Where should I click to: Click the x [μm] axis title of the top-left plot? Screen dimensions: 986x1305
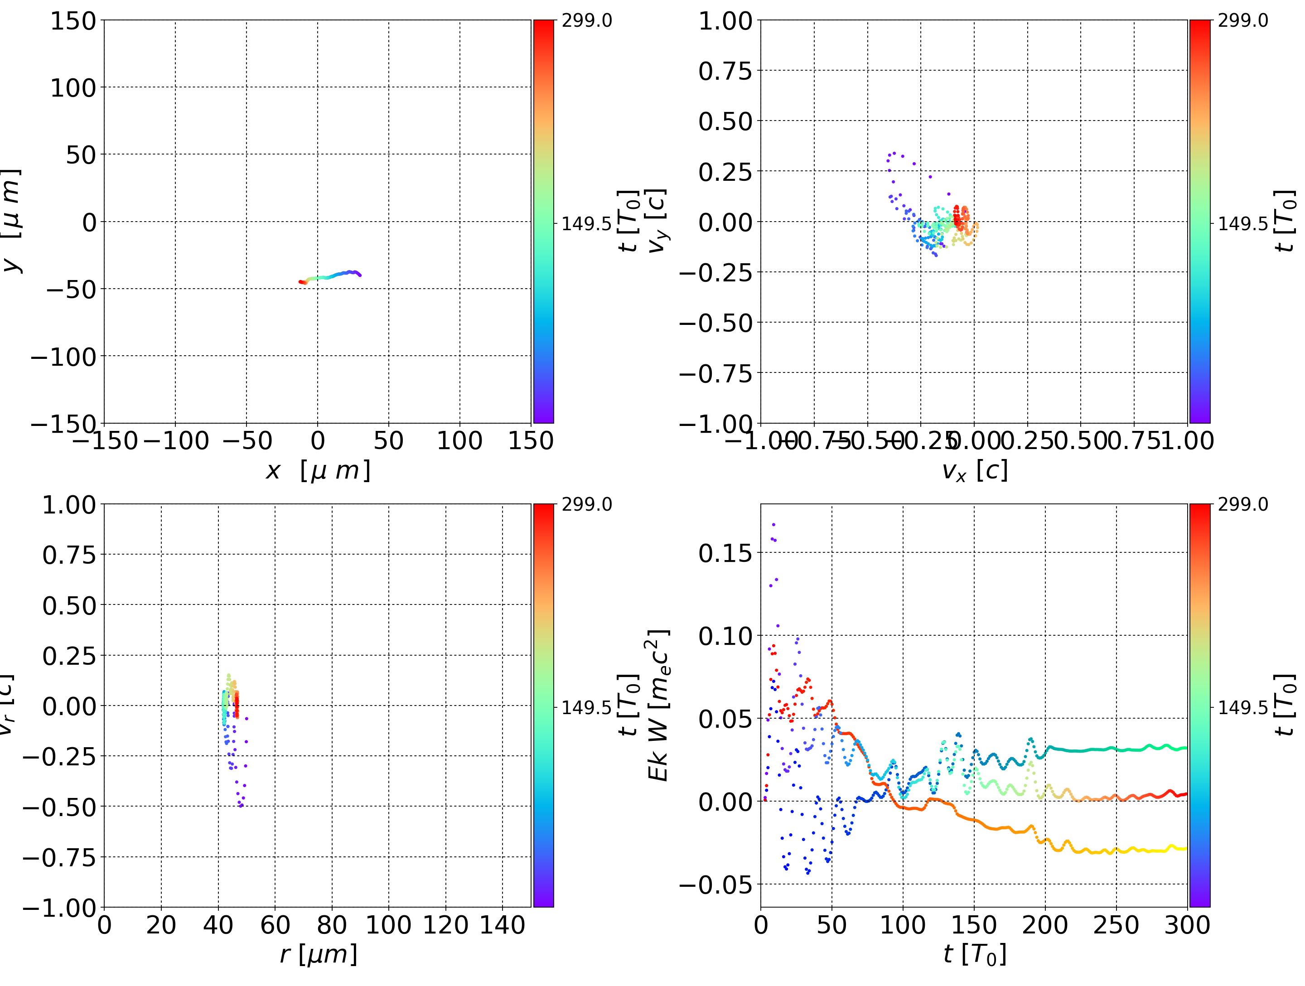point(317,470)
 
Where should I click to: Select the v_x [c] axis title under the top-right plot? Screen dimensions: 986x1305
point(974,470)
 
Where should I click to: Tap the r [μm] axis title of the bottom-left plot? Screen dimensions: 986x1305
point(317,954)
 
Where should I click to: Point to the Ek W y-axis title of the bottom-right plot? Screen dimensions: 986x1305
point(658,705)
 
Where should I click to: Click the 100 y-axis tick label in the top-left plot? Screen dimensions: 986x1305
point(72,88)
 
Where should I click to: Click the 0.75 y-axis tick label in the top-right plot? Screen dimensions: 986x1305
point(725,71)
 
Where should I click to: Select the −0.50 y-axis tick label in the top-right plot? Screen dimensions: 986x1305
point(715,323)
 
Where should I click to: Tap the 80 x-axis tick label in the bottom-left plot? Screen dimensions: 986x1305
point(332,925)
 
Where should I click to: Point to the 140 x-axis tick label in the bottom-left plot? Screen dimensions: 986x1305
point(502,925)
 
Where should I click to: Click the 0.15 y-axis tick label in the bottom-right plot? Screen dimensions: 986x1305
point(725,553)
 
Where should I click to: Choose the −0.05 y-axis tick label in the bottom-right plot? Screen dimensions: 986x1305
point(715,884)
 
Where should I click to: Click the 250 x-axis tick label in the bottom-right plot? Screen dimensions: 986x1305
point(1116,925)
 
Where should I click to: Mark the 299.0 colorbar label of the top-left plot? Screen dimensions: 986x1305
point(586,21)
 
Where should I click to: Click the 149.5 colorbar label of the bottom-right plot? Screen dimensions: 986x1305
point(1242,707)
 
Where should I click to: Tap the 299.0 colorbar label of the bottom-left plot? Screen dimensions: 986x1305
point(586,504)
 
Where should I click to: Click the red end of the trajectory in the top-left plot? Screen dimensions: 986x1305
point(300,282)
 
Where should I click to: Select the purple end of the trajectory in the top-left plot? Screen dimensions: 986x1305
point(359,275)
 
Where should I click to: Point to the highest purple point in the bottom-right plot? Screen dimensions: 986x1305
point(773,524)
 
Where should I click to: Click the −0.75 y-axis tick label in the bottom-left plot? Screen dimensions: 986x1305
point(59,857)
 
